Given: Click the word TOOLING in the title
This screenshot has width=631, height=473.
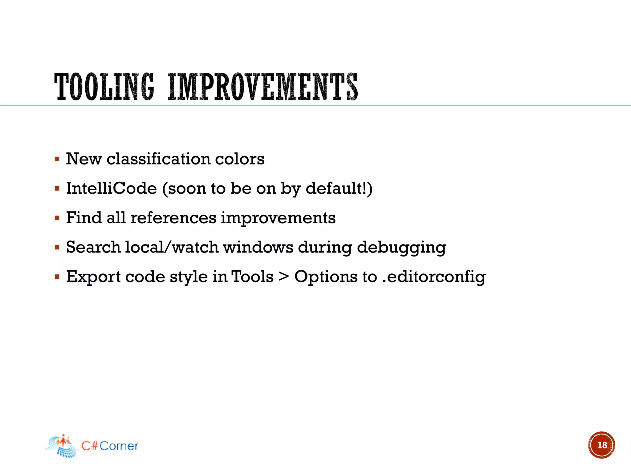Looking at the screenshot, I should coord(104,87).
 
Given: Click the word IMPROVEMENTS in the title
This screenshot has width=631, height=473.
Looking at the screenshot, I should coord(263,87).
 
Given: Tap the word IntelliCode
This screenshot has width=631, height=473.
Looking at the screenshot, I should coord(112,188).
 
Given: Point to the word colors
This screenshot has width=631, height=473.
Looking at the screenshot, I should coord(239,159).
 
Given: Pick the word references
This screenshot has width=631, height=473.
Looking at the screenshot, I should coord(173,218).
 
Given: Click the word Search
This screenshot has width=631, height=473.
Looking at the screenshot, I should coord(93,247).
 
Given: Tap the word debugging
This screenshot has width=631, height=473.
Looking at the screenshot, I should coord(401,248).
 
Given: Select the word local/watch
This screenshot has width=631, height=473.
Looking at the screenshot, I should coord(172,247).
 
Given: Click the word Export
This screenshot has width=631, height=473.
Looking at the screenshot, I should coord(93,277).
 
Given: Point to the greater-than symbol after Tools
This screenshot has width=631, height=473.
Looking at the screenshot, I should coord(283,276).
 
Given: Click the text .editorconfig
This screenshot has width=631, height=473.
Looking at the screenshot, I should coord(434,277).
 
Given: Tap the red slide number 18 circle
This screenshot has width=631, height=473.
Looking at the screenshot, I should coord(601,445).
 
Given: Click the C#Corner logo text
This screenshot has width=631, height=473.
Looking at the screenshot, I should coord(110,446).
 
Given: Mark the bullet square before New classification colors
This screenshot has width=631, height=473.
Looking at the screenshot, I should coord(57,159).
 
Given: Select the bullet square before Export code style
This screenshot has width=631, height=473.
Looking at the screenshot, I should coord(57,277).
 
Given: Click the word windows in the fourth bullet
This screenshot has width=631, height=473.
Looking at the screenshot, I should coord(258,247).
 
